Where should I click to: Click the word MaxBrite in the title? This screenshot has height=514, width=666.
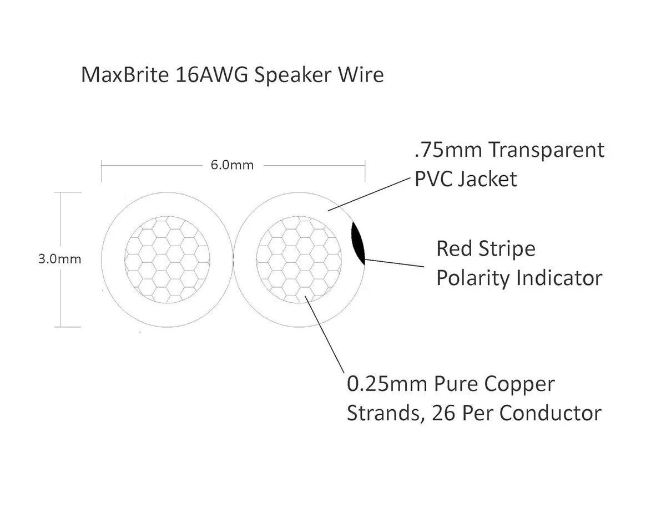(125, 75)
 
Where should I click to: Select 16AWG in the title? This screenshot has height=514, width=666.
(212, 75)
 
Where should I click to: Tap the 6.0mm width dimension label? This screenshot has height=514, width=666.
(233, 165)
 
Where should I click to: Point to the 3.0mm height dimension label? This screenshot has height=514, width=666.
(60, 259)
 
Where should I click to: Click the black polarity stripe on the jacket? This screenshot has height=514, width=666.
(358, 243)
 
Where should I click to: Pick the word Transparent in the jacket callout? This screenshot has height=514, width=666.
(547, 150)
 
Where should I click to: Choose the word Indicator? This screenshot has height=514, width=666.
(559, 278)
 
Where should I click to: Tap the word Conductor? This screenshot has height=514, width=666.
(551, 414)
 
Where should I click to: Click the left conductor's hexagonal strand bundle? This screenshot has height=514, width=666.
(168, 259)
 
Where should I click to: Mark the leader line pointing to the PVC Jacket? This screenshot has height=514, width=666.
(369, 195)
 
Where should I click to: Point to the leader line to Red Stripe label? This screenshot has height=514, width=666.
(395, 263)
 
